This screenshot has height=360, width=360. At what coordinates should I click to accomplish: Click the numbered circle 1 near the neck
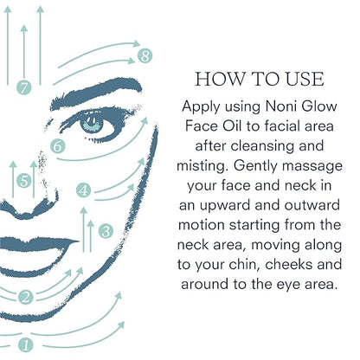[26, 345]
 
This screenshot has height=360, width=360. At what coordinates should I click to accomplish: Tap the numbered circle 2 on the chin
[26, 297]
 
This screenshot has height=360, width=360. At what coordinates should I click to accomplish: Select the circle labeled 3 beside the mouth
[106, 231]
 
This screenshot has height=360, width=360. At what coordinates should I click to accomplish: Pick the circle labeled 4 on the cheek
[83, 190]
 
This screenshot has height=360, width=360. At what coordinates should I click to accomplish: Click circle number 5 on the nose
[23, 181]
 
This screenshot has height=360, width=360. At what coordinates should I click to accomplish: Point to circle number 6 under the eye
[57, 146]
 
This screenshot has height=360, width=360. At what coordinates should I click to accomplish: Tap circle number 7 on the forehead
[23, 87]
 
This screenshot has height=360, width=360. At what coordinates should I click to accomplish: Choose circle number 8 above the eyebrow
[145, 55]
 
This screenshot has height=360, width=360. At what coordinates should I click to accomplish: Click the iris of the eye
[92, 123]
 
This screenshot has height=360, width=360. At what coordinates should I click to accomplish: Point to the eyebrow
[95, 93]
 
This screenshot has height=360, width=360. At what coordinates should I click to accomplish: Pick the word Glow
[319, 106]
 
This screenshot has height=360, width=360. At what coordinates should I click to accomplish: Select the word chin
[246, 264]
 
